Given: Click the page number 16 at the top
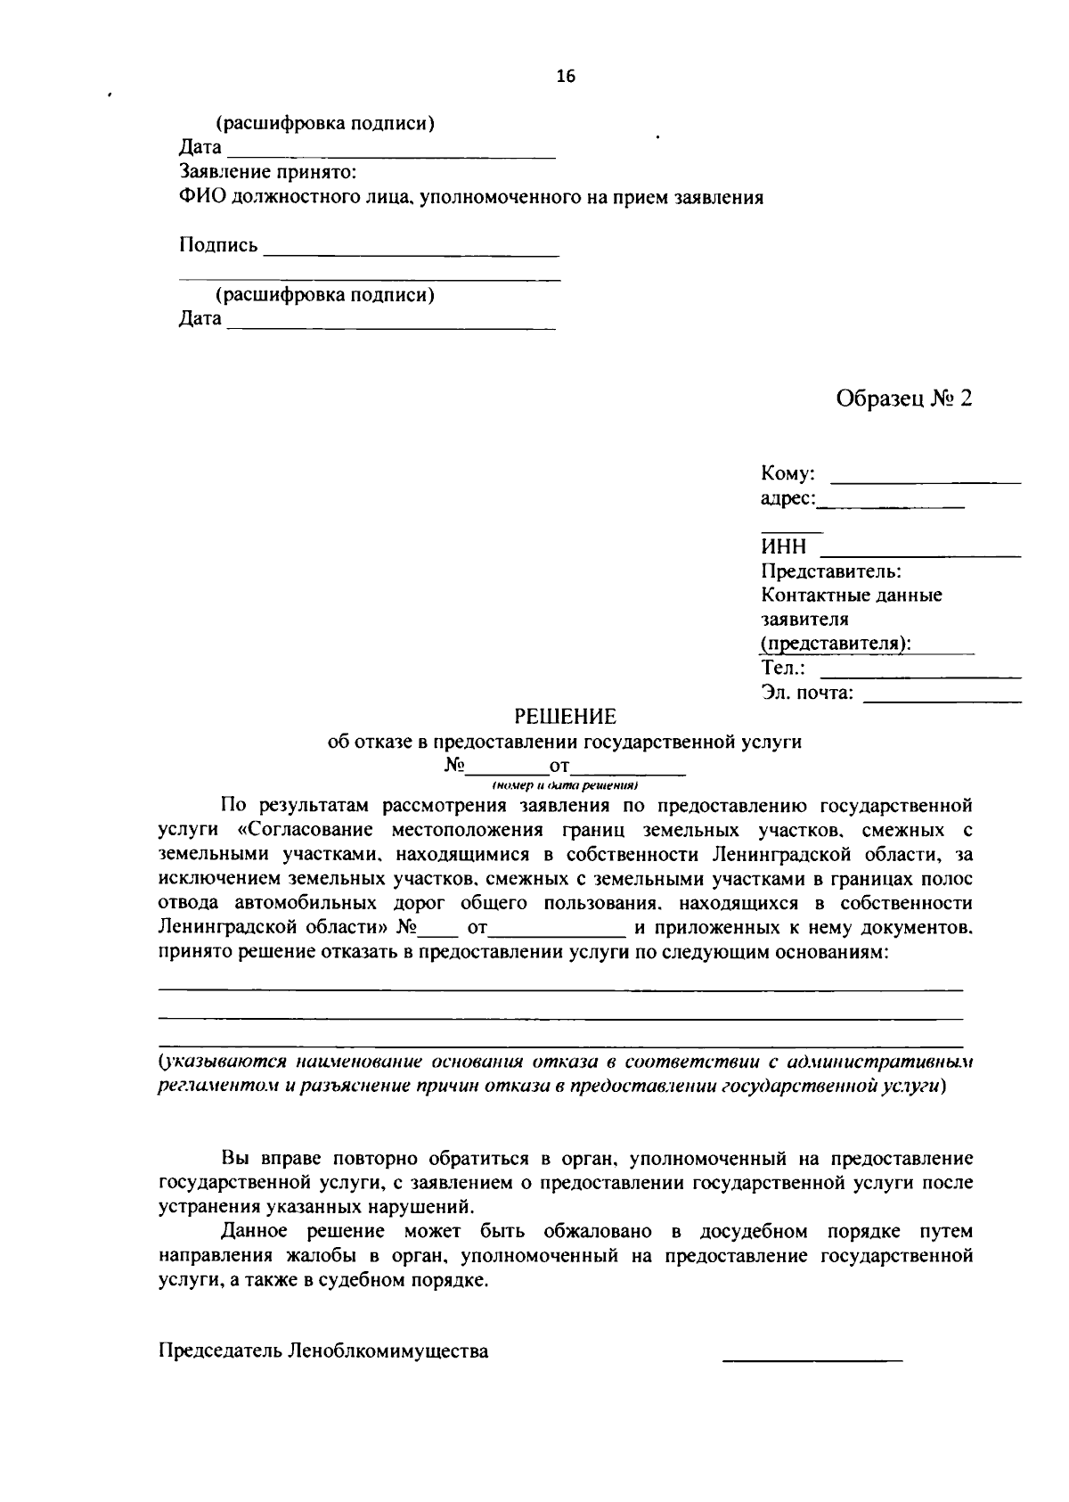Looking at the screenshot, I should coord(566,77).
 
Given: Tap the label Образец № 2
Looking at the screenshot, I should coord(903,398).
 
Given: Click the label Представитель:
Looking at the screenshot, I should coord(831,570).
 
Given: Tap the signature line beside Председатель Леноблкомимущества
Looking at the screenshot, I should coord(812,1360).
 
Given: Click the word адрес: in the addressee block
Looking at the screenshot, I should coord(787,499).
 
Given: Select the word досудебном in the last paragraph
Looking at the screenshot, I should coord(754,1232).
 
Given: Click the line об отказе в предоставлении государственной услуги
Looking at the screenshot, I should coord(565,742).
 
